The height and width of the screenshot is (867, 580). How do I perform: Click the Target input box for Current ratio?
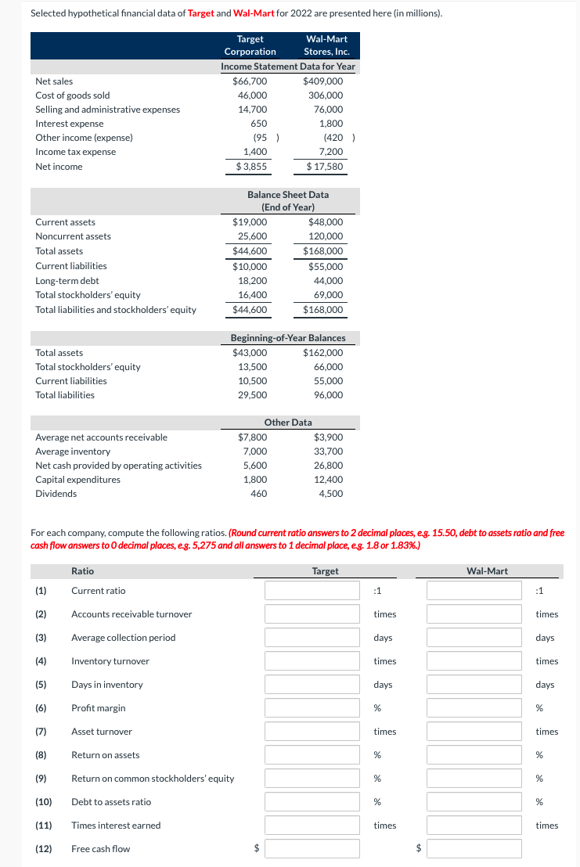click(312, 591)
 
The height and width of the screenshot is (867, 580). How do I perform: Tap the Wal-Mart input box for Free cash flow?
click(474, 849)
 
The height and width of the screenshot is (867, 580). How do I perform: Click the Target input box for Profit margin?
click(312, 708)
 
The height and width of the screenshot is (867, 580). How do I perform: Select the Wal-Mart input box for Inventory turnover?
click(474, 661)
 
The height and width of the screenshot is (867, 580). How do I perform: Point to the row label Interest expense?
click(70, 124)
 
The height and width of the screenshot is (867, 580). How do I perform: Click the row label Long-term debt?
click(67, 280)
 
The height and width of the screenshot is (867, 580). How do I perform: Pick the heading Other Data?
click(288, 423)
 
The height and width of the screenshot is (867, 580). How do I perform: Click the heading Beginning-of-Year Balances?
click(288, 337)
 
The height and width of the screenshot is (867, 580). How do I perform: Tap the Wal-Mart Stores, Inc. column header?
click(326, 45)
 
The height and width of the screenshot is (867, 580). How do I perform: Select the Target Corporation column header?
click(250, 45)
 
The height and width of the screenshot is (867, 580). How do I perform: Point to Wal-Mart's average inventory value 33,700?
click(328, 451)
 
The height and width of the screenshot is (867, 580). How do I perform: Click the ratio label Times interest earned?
click(116, 826)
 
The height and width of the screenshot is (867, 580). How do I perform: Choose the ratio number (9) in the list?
click(43, 779)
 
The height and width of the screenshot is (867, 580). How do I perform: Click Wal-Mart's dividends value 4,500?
click(331, 493)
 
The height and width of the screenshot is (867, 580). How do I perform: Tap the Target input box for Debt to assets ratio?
click(312, 802)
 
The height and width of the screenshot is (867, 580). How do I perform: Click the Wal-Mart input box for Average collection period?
click(474, 638)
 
